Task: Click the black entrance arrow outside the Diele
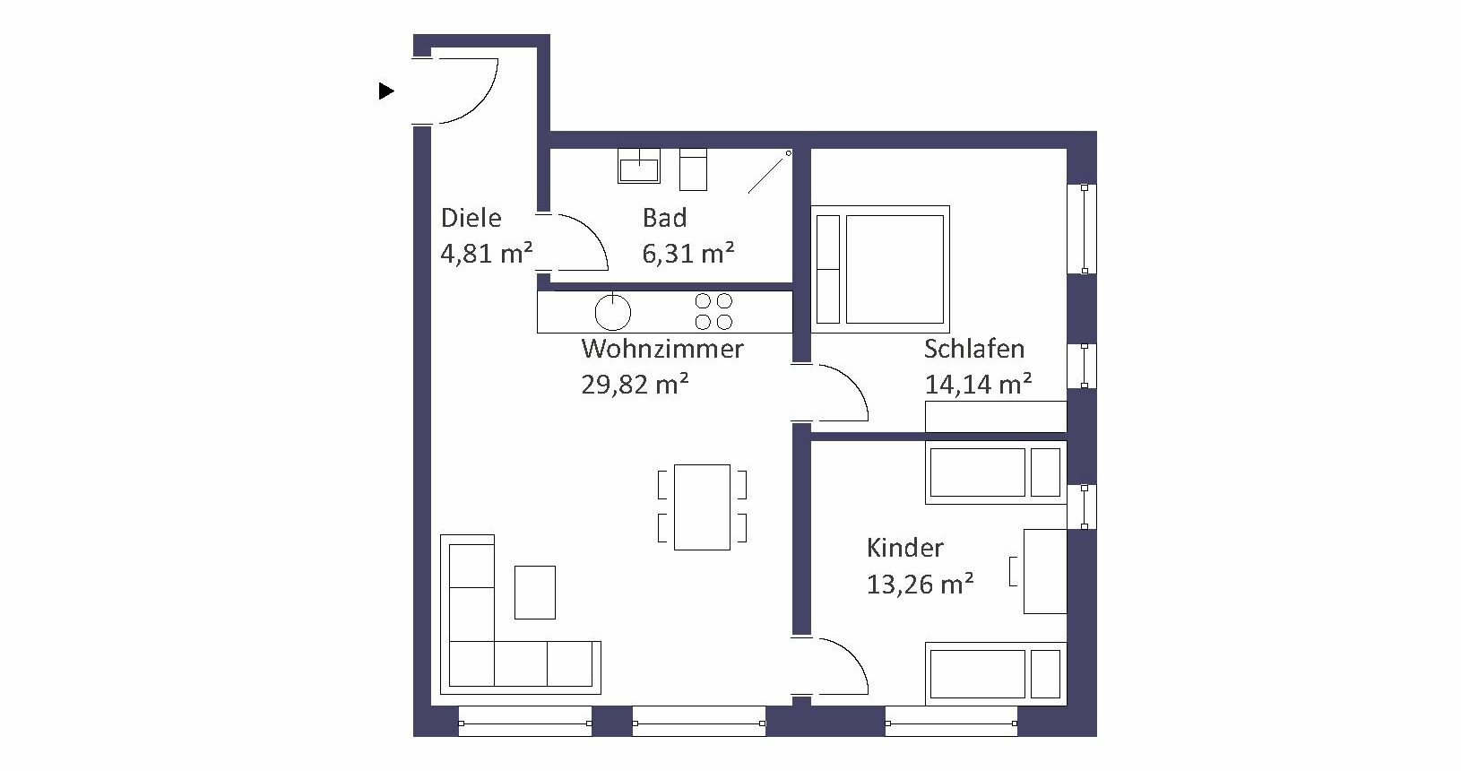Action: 386,91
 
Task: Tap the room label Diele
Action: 471,218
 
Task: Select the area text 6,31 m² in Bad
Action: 688,253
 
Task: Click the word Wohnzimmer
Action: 662,349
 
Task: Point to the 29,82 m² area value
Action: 635,385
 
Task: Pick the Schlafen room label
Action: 974,349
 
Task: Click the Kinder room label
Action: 904,548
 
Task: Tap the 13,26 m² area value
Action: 920,584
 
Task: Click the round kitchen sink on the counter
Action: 613,312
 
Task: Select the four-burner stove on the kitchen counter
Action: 713,311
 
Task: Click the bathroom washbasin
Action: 639,166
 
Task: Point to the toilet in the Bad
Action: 694,169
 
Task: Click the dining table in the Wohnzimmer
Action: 702,507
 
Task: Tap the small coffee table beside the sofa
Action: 535,593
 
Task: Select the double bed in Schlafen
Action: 880,269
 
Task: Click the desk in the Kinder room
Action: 1045,571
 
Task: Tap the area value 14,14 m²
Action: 979,385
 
